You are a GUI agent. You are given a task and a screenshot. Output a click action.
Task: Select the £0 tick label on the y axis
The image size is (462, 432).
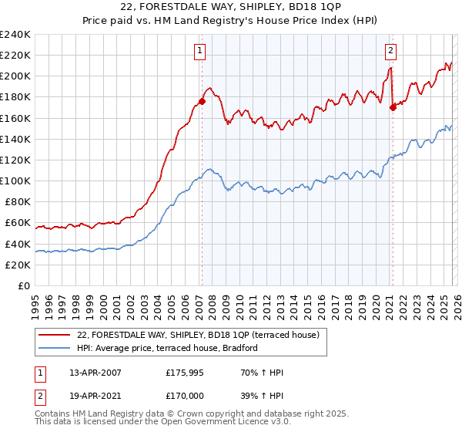coord(23,285)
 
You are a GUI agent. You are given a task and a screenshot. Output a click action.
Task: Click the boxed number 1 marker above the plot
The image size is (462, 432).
coord(199,52)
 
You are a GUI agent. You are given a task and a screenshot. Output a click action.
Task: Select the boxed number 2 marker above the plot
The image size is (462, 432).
coord(390,52)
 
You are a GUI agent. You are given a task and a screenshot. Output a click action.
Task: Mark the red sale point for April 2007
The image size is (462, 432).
coord(202,100)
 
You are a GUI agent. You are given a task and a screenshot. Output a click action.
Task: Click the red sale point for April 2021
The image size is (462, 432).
coord(393,107)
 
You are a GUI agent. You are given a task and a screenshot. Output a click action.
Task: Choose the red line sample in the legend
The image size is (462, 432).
coord(53,335)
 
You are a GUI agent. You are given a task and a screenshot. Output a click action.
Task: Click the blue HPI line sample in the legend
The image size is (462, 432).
coord(53,348)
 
